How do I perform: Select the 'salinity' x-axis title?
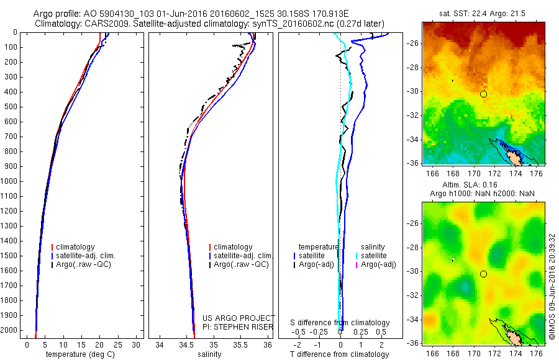(210, 354)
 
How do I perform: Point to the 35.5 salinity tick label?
(240, 344)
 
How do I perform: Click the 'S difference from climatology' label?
(340, 323)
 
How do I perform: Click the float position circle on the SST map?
(483, 94)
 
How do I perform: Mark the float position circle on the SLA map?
(483, 274)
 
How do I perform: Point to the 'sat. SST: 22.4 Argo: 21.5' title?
(483, 14)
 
